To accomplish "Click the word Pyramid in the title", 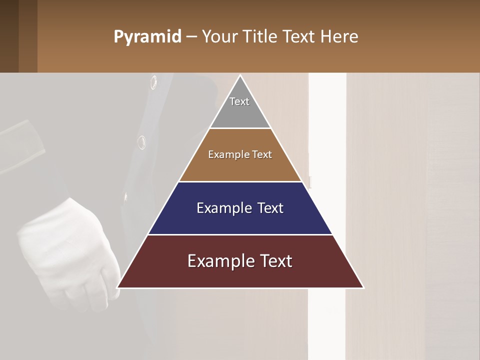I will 147,36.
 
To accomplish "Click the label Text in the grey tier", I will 239,101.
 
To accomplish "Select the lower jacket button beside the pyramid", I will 142,142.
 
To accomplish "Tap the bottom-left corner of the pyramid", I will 118,287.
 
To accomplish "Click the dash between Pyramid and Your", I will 191,36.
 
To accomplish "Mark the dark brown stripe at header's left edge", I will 9,36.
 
